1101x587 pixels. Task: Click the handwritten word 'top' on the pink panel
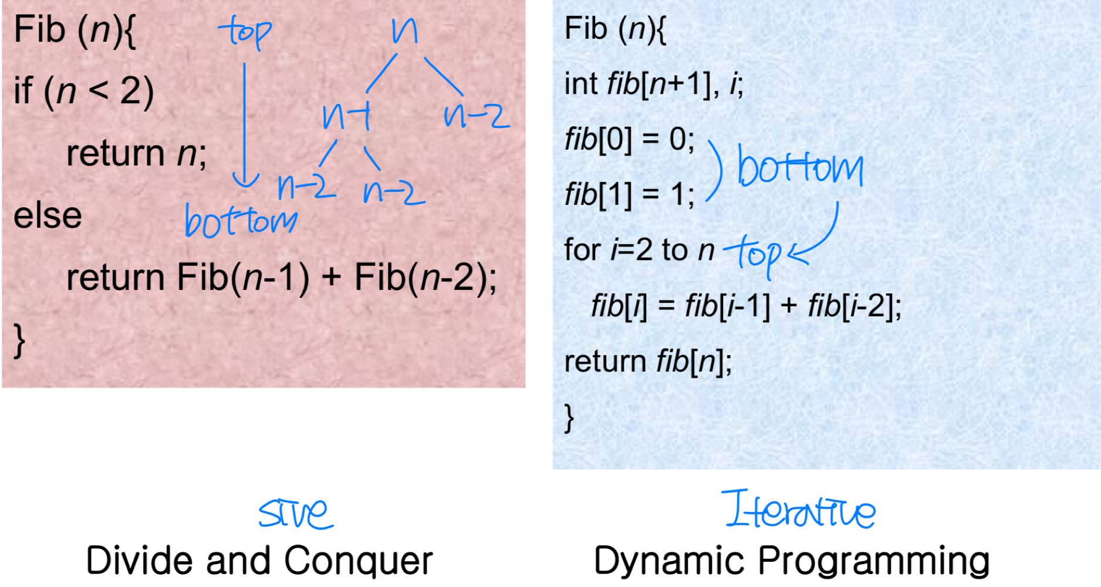[x=245, y=32]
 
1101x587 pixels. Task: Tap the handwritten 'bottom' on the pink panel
[x=241, y=221]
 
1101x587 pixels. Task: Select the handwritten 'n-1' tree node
[x=347, y=116]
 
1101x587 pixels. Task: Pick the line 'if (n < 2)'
[x=84, y=91]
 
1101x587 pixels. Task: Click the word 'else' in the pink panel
[x=48, y=215]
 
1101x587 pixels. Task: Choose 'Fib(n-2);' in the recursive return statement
[x=425, y=277]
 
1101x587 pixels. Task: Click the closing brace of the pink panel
[x=19, y=340]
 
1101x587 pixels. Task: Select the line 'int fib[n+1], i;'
[x=653, y=83]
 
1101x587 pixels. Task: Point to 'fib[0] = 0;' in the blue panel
[x=629, y=140]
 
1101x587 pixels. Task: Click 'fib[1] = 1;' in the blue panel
[x=629, y=194]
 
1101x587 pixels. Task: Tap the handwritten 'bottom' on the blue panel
[x=800, y=167]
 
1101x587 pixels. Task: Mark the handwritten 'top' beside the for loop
[x=754, y=252]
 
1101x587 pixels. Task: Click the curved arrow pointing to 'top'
[x=822, y=238]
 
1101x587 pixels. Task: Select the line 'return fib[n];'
[x=648, y=361]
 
